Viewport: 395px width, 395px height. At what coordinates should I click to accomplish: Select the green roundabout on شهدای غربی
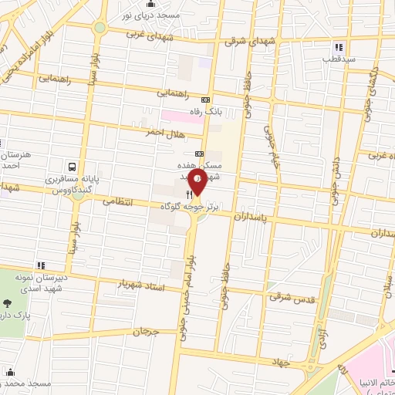click(x=100, y=29)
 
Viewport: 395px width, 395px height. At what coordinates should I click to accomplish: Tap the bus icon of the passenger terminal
click(x=72, y=166)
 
